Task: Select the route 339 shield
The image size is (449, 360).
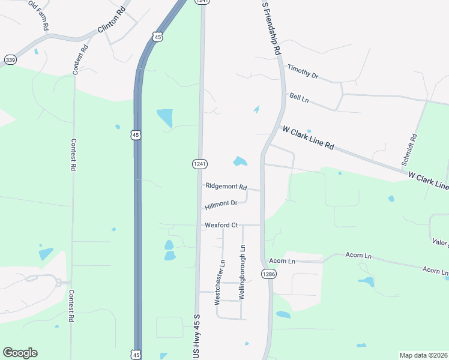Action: (10, 59)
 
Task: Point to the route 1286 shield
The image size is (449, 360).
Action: (268, 274)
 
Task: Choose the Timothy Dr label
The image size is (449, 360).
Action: (302, 72)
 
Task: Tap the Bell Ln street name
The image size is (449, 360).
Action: (298, 97)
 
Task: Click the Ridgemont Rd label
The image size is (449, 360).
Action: (226, 187)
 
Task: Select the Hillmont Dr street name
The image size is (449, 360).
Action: (221, 205)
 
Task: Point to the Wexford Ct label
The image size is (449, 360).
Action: (221, 225)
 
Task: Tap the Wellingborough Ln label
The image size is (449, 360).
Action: (243, 272)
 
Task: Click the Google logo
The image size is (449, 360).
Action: (20, 353)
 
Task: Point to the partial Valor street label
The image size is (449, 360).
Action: (440, 242)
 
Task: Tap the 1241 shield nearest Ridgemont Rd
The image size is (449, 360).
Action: (200, 164)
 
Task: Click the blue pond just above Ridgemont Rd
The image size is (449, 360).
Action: (240, 161)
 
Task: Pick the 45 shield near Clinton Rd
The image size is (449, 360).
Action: (157, 37)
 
